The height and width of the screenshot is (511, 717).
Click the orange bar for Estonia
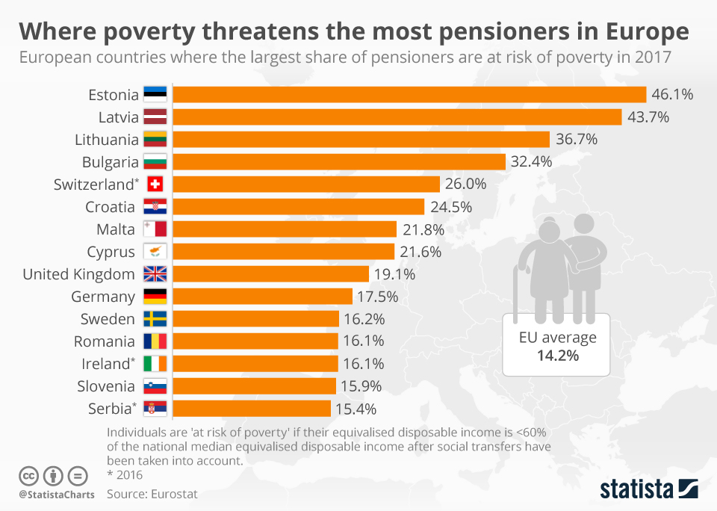pos(409,94)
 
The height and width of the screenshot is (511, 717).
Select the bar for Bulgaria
pos(340,161)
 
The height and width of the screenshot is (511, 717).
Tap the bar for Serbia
pos(252,408)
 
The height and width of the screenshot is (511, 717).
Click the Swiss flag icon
pos(155,185)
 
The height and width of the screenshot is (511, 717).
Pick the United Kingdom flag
pos(155,274)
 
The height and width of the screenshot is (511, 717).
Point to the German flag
pos(155,297)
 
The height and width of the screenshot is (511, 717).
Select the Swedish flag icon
pos(155,319)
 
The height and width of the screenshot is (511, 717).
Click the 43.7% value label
pos(648,117)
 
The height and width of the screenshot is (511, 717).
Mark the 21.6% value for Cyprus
pos(420,252)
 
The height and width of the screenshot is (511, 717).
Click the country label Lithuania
pos(107,140)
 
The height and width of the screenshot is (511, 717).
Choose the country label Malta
pos(116,229)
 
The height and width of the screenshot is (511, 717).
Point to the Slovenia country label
pos(106,386)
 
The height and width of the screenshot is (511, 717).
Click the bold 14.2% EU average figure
pos(558,356)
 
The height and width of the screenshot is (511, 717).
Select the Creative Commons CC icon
pos(28,475)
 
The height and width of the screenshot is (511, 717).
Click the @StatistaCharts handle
pos(57,495)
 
